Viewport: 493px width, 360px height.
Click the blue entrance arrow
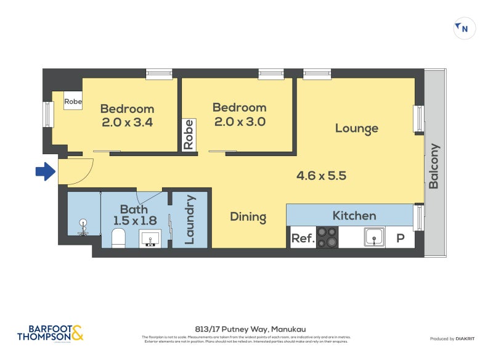click(x=45, y=172)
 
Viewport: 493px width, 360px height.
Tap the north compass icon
click(x=464, y=28)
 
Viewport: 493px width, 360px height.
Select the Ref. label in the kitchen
click(x=303, y=238)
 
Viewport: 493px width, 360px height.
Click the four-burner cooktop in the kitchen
click(x=327, y=237)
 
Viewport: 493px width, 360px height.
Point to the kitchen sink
click(x=373, y=237)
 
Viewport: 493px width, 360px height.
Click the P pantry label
click(x=400, y=238)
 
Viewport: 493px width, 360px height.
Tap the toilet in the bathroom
click(x=119, y=237)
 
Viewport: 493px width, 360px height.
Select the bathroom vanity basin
click(x=149, y=237)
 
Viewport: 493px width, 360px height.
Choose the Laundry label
click(x=190, y=219)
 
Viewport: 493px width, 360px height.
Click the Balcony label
click(x=434, y=166)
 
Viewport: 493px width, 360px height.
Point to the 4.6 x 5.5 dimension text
click(x=321, y=176)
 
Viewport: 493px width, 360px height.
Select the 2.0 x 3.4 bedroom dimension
click(x=127, y=122)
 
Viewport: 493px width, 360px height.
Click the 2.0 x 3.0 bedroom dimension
click(x=239, y=121)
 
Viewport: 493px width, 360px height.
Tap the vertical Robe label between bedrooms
click(x=189, y=135)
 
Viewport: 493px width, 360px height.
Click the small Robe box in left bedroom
click(x=73, y=101)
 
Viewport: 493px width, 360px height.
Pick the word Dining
click(x=248, y=217)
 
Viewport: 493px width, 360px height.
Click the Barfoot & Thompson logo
click(x=50, y=333)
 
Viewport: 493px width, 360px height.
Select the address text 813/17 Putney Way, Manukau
click(x=246, y=330)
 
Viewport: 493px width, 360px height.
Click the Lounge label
click(x=356, y=128)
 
